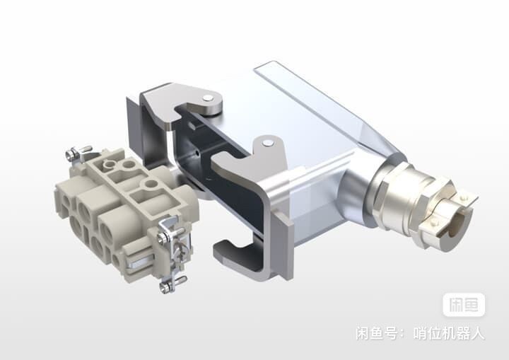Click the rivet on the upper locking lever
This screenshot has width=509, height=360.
207,98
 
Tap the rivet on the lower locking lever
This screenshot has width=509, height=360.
267,143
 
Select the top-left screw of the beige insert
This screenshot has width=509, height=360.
72,154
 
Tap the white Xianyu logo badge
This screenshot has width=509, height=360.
464,305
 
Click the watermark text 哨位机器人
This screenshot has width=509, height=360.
449,333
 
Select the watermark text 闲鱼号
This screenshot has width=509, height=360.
376,333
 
